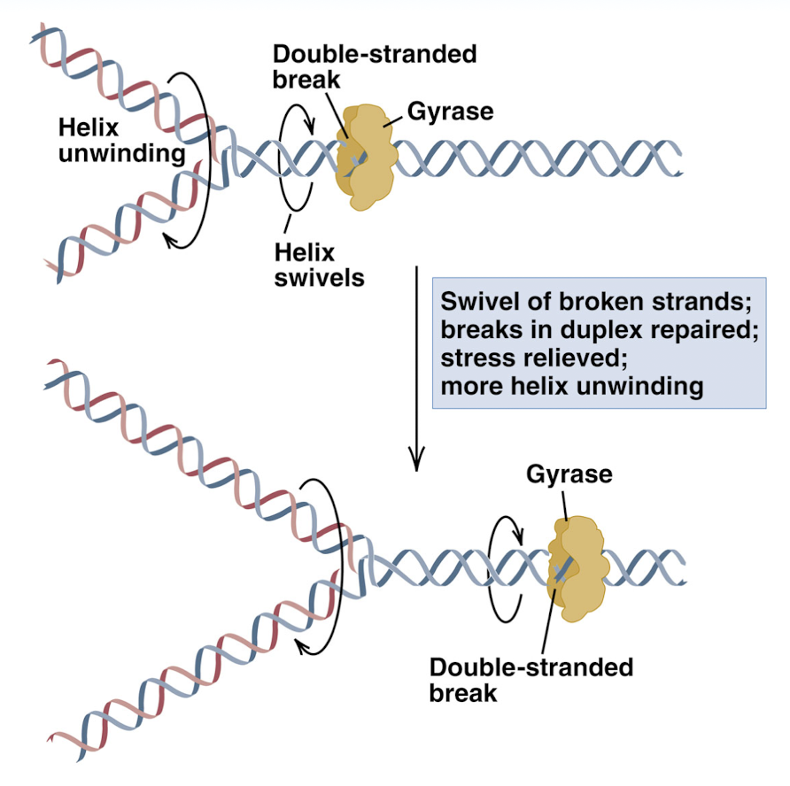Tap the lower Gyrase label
569,474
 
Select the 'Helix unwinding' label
120,140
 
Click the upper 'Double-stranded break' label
374,66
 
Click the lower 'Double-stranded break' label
531,679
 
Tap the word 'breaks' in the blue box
479,329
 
